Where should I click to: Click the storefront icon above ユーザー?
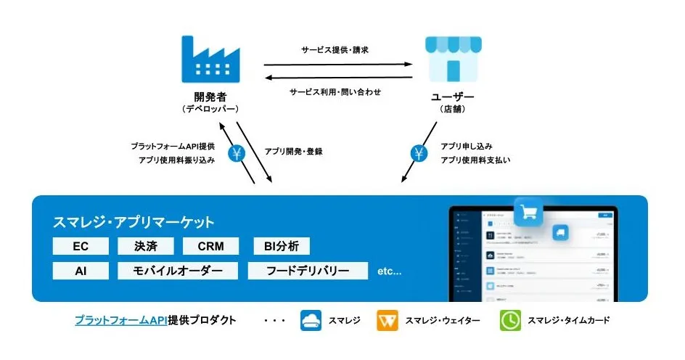coord(454,60)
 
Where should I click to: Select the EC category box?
coord(81,246)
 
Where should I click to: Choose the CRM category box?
coord(210,246)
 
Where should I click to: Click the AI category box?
coord(81,271)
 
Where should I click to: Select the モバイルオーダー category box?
coord(177,271)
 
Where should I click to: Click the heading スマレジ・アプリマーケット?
coord(134,222)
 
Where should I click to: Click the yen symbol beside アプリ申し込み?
coord(419,153)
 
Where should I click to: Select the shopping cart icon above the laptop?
coord(528,212)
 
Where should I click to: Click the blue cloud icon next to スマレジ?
coord(311,321)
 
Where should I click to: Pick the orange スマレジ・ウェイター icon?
coord(387,321)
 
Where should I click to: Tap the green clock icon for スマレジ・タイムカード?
coord(510,321)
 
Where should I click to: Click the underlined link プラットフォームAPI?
coord(120,320)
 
